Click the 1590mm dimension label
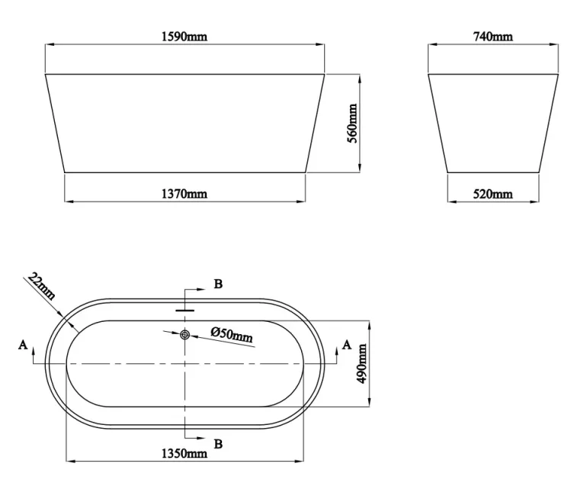pyautogui.click(x=185, y=36)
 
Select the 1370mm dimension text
pyautogui.click(x=185, y=194)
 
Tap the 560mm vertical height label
pyautogui.click(x=351, y=126)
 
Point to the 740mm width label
pyautogui.click(x=493, y=36)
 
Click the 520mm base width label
pyautogui.click(x=493, y=194)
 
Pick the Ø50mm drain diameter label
pyautogui.click(x=232, y=333)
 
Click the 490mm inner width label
pyautogui.click(x=363, y=363)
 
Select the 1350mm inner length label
pyautogui.click(x=185, y=454)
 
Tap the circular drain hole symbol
pyautogui.click(x=185, y=333)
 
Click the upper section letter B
pyautogui.click(x=218, y=285)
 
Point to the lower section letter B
pyautogui.click(x=218, y=444)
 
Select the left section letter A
pyautogui.click(x=22, y=346)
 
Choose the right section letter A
pyautogui.click(x=348, y=346)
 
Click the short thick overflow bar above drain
pyautogui.click(x=185, y=310)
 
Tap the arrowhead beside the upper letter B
pyautogui.click(x=201, y=291)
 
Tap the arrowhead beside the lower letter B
pyautogui.click(x=201, y=438)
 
